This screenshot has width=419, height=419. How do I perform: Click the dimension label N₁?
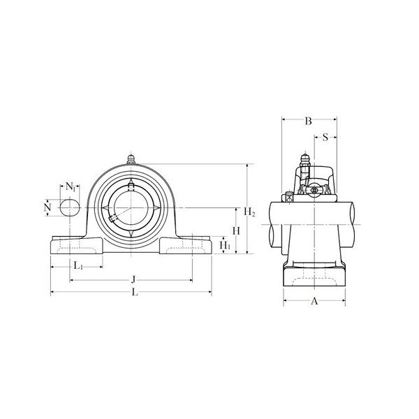pyautogui.click(x=71, y=186)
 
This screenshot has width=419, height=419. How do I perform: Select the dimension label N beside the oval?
pyautogui.click(x=47, y=207)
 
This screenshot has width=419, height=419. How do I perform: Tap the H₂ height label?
pyautogui.click(x=249, y=212)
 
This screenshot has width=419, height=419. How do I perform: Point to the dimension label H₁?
pyautogui.click(x=225, y=245)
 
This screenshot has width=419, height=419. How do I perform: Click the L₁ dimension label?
pyautogui.click(x=78, y=265)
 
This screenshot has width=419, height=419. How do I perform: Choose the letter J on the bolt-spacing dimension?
pyautogui.click(x=133, y=279)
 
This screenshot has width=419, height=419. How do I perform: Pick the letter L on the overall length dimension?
pyautogui.click(x=135, y=293)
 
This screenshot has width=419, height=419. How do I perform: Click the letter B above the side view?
pyautogui.click(x=309, y=121)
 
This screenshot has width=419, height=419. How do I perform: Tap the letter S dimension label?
pyautogui.click(x=325, y=138)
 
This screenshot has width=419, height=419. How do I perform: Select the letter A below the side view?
pyautogui.click(x=314, y=301)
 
